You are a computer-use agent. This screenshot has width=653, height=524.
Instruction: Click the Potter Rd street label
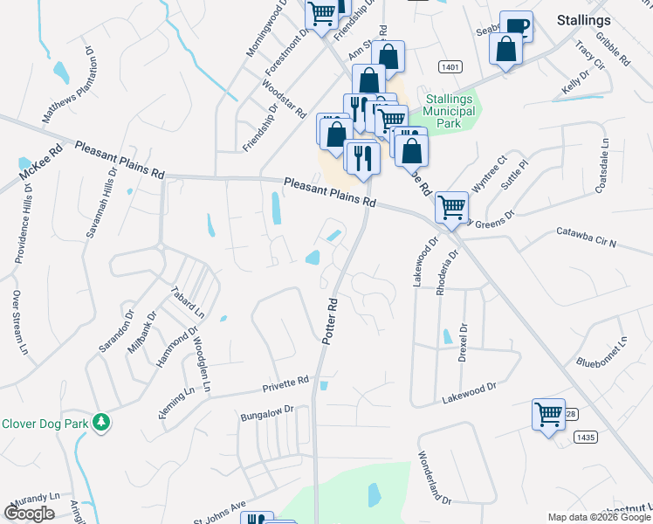331,321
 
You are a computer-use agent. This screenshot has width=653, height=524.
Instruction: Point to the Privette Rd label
286,383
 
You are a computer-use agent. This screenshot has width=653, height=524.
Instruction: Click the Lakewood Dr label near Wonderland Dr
469,387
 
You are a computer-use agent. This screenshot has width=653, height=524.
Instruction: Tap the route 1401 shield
450,66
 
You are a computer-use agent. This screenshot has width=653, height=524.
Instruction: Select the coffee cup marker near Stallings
516,26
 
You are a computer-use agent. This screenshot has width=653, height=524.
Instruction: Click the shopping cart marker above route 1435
548,413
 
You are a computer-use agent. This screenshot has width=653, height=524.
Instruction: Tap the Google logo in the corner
29,513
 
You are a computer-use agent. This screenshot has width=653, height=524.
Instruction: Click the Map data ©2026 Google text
599,517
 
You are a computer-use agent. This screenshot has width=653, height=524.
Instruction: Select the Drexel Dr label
464,341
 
